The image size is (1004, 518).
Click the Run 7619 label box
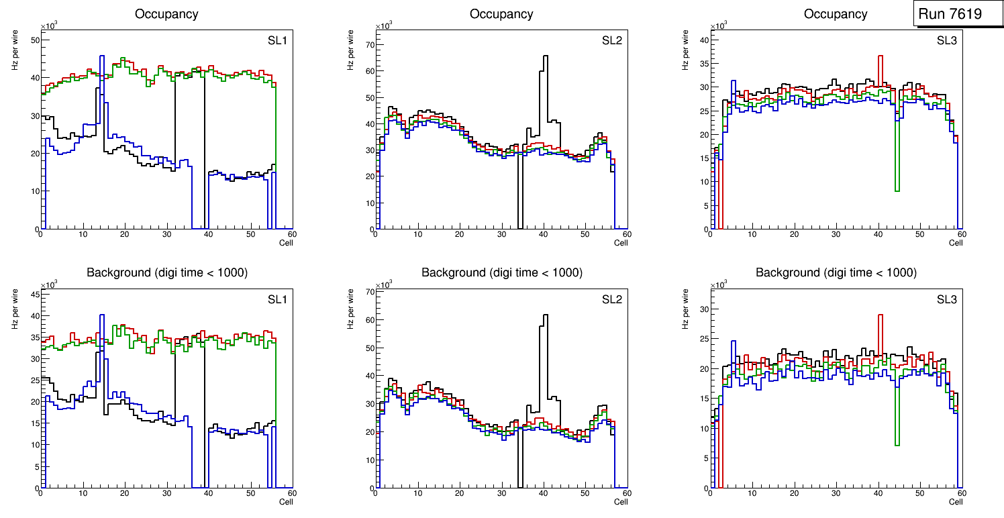pos(955,14)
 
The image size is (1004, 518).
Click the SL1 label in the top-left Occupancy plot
pos(277,41)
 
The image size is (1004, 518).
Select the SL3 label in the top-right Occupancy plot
pos(947,41)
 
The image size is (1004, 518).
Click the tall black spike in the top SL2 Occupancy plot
pos(545,56)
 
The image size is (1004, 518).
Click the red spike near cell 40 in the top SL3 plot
pos(880,56)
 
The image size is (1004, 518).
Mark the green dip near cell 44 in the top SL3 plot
pos(897,191)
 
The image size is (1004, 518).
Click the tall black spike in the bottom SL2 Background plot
pos(545,315)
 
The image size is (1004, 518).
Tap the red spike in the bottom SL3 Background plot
pos(880,315)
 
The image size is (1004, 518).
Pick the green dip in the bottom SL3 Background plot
pos(897,444)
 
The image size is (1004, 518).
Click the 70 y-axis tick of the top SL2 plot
pos(369,45)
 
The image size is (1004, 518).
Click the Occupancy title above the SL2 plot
pos(501,14)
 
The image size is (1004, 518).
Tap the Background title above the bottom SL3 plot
pos(836,272)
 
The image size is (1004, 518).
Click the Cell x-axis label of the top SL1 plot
pos(286,243)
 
